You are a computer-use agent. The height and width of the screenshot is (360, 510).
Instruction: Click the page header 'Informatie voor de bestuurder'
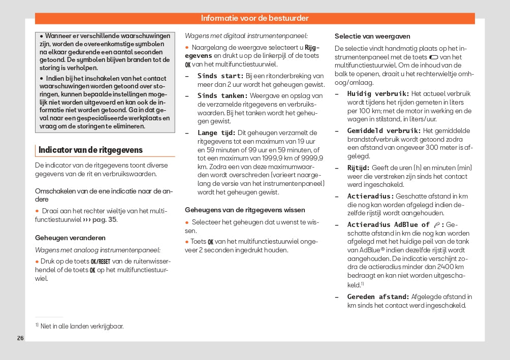[254, 18]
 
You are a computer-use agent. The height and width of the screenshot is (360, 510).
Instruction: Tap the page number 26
[20, 338]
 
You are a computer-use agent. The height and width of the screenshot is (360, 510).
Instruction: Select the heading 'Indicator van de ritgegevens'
[90, 150]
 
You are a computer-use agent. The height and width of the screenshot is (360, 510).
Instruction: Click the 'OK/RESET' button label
[100, 261]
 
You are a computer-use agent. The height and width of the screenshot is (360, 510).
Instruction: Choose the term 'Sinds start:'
[220, 76]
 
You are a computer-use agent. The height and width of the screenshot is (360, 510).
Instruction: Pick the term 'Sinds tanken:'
[222, 95]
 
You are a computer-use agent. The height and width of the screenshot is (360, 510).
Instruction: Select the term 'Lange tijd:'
[216, 133]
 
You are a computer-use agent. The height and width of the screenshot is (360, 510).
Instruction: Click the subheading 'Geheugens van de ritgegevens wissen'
[245, 210]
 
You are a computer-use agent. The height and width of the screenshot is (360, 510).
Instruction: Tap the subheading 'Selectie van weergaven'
[372, 37]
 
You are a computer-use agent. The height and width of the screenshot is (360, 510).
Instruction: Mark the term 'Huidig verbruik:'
[378, 94]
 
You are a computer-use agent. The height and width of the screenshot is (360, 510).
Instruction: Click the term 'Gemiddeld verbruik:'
[384, 131]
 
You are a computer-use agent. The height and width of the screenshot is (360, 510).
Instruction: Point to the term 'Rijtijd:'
[358, 168]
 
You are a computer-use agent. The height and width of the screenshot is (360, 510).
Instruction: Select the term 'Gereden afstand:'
[378, 297]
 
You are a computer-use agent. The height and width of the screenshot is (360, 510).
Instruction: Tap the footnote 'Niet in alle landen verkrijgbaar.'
[82, 326]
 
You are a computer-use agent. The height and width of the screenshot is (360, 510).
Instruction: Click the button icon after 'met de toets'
[434, 57]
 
